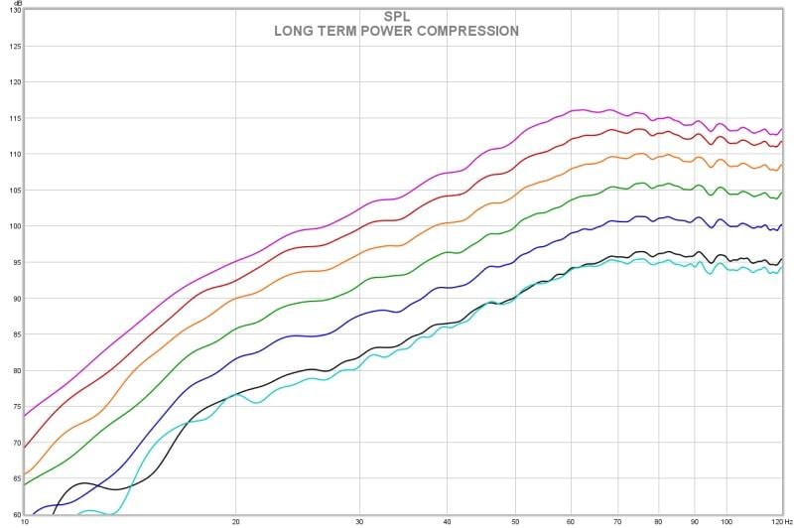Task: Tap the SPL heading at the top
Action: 396,16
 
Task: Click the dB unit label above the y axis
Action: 15,5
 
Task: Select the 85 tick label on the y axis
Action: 14,334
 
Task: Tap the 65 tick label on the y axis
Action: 14,478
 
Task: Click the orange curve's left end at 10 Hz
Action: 25,473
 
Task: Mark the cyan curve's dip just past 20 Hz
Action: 256,402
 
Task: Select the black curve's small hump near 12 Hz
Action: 83,483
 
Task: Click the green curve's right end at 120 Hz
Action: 782,193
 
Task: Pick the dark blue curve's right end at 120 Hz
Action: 782,225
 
